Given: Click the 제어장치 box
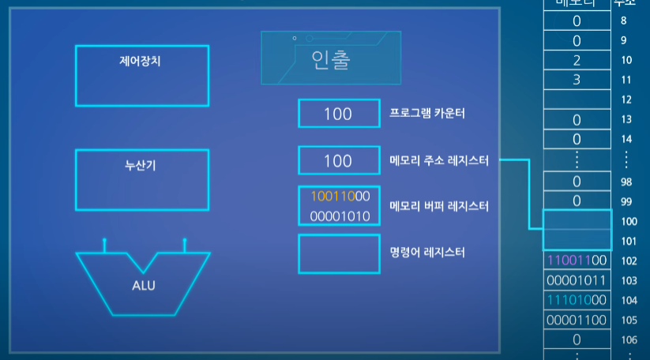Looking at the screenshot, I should (142, 75).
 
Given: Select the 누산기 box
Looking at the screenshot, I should (142, 179).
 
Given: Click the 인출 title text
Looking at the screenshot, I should (330, 59).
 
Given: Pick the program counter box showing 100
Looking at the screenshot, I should (338, 114).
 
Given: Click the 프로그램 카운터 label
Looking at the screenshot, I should (427, 114).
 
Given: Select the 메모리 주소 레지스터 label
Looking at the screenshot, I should (440, 161).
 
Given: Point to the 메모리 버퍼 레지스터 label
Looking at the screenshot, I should (440, 207).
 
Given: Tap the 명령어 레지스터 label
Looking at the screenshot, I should (427, 253).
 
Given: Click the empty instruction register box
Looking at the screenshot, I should (338, 253).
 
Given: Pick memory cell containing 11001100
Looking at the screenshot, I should (577, 260).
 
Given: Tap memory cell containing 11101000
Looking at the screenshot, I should (577, 300).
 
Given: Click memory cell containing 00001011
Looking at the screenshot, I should (577, 280).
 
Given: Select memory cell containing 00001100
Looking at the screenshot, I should (577, 320).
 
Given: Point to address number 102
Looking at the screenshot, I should (629, 261).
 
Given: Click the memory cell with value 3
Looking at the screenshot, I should (577, 80).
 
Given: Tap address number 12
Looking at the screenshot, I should (628, 100).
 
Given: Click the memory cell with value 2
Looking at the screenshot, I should (577, 60).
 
